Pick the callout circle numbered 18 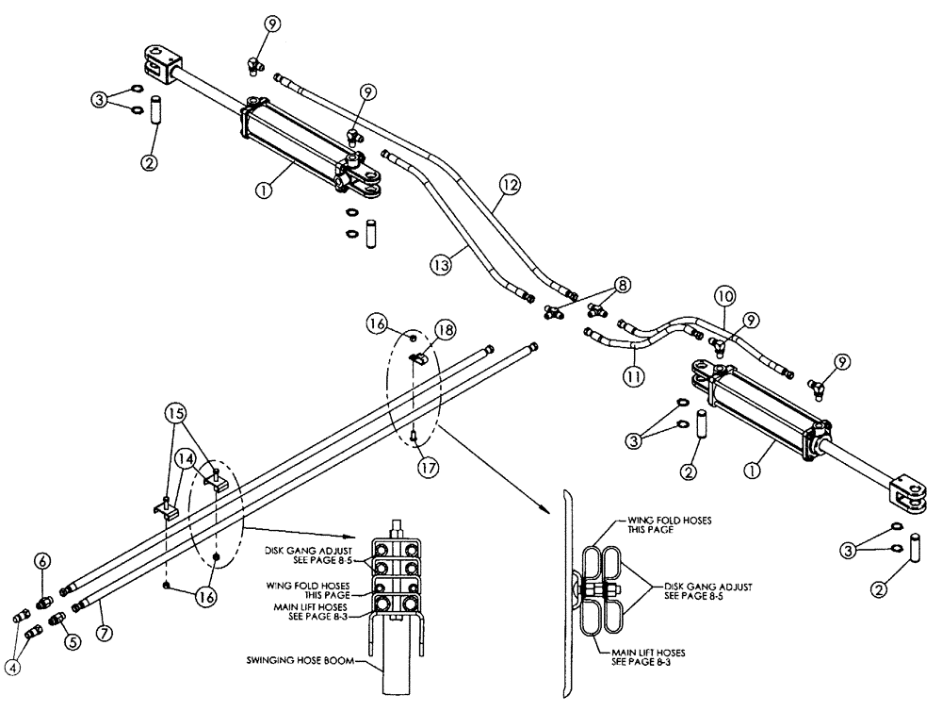(446, 330)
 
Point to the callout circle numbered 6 (42, 559)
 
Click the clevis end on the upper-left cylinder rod (158, 59)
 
